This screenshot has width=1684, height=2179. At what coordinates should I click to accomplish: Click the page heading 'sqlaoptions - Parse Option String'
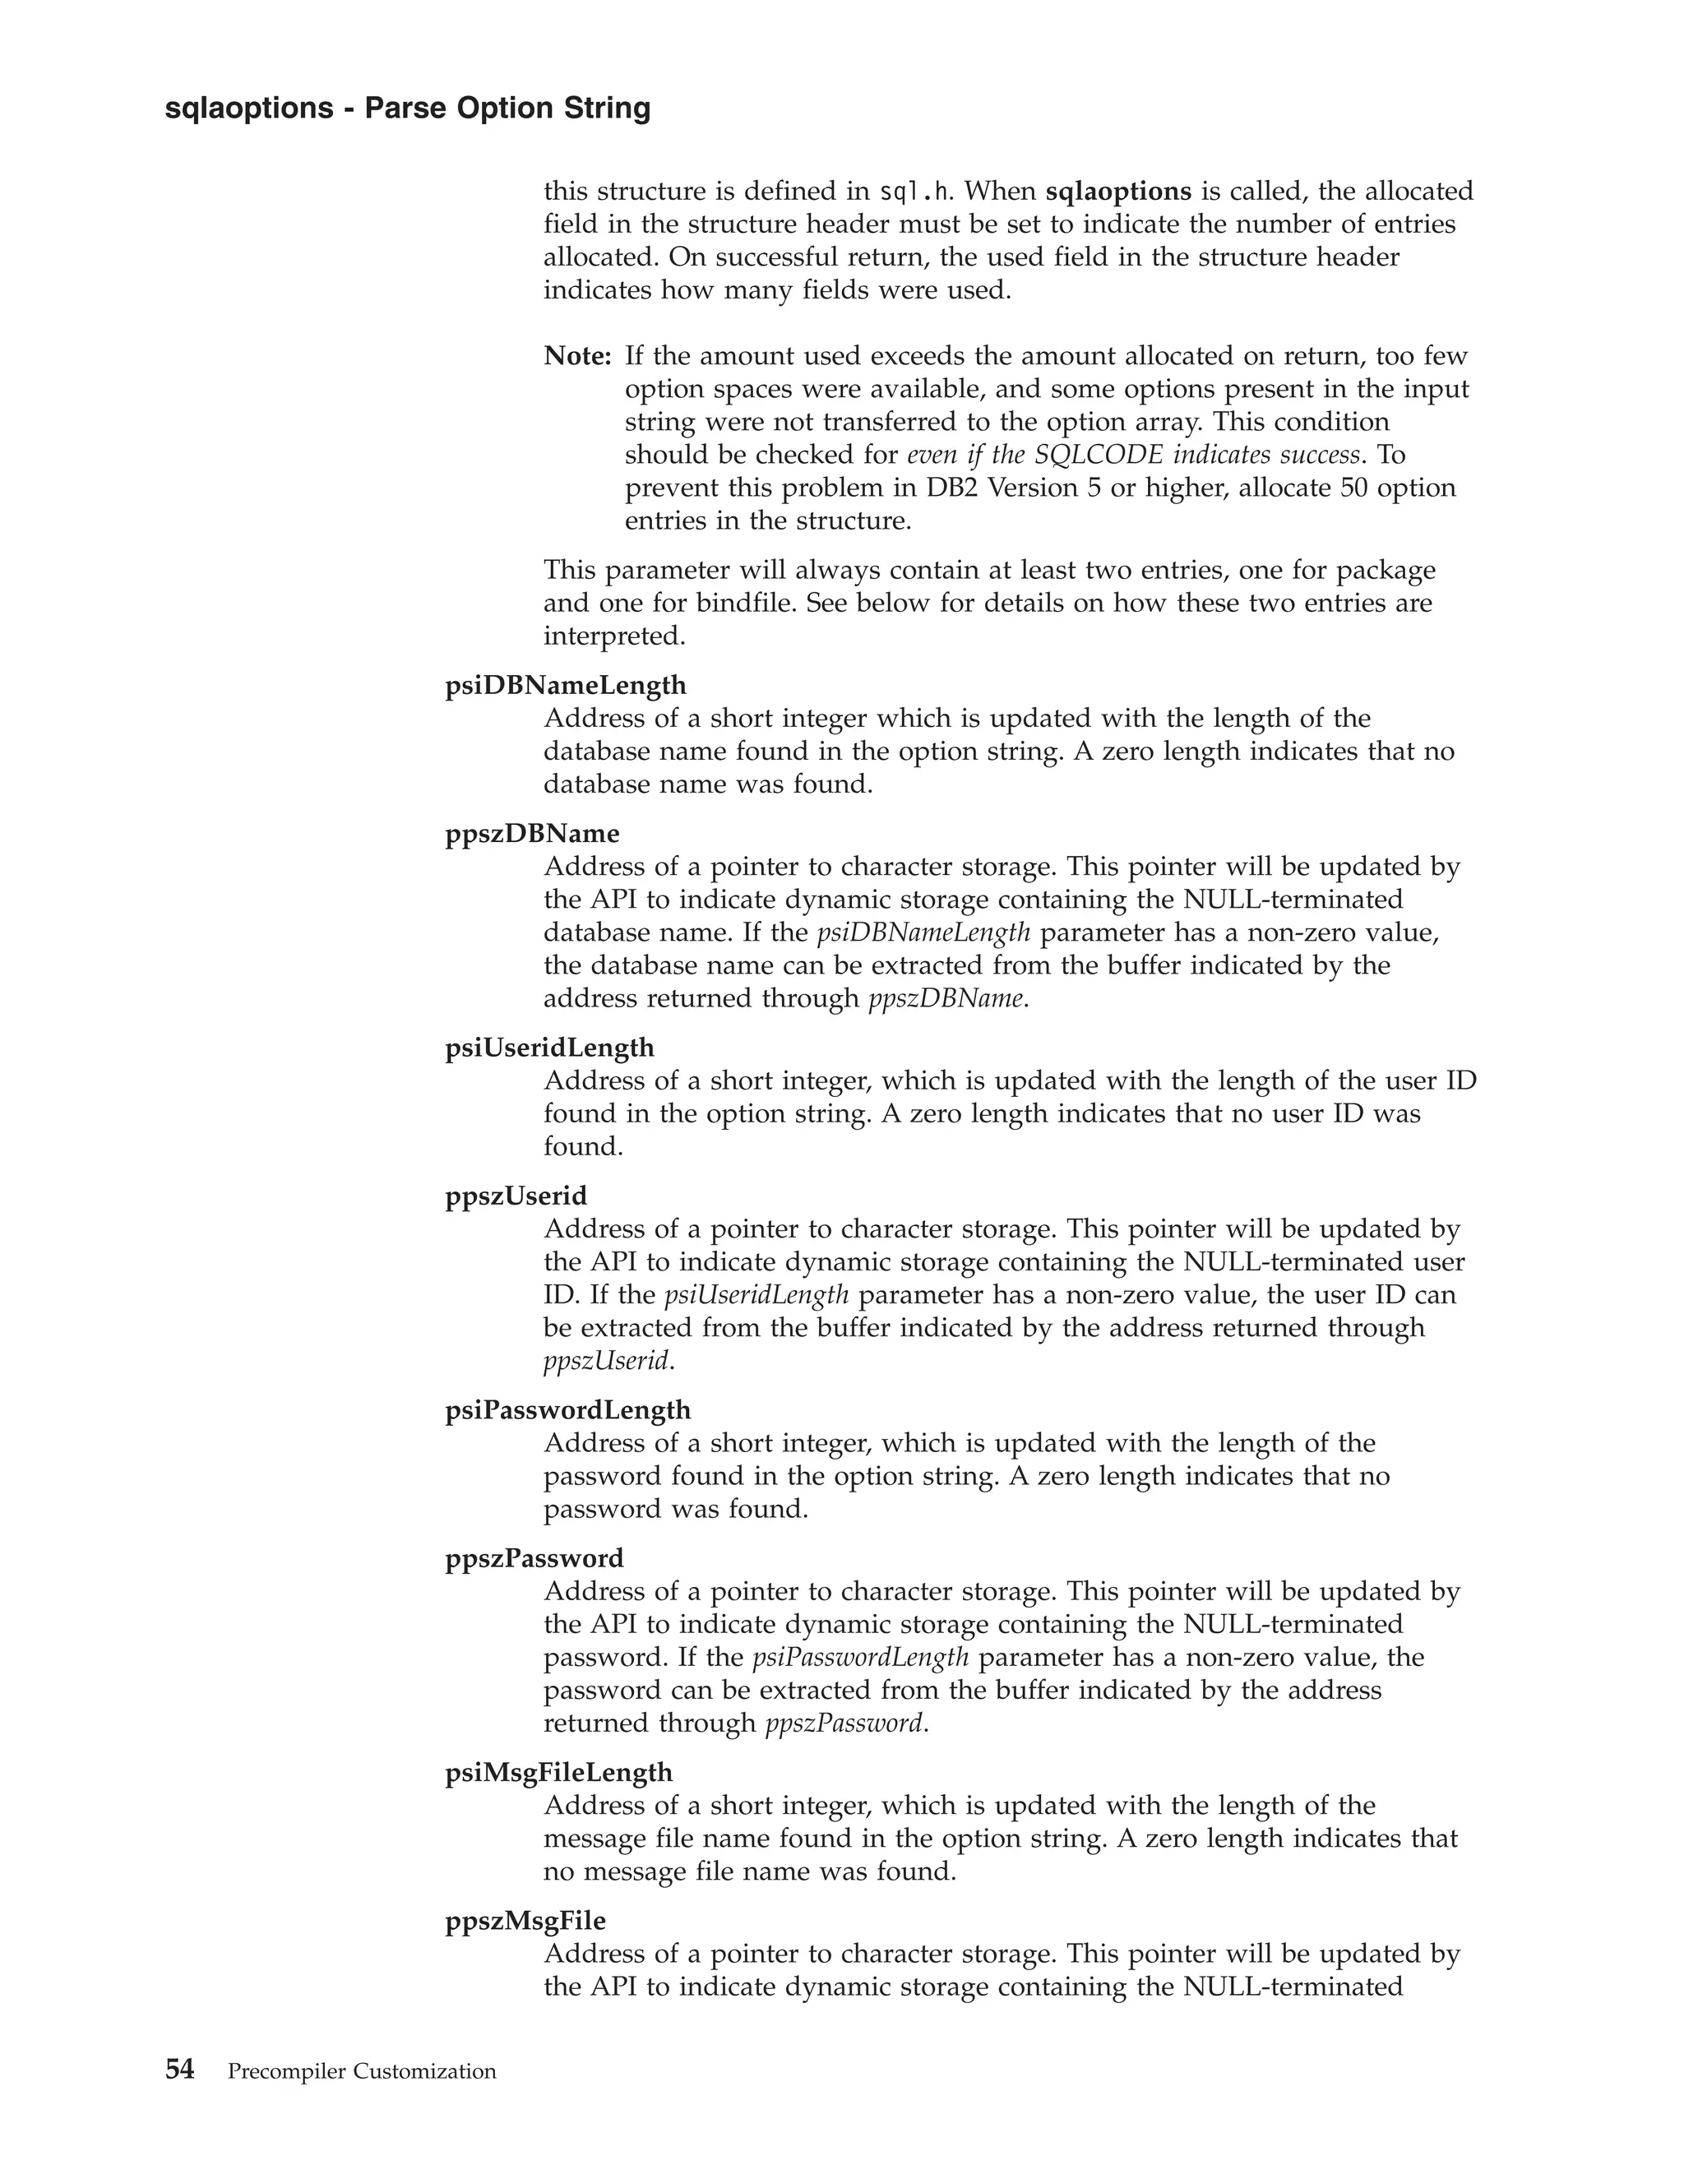coord(407,108)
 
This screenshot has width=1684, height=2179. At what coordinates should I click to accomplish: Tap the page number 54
coord(179,2070)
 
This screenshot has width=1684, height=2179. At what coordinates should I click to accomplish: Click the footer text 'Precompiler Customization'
coord(362,2072)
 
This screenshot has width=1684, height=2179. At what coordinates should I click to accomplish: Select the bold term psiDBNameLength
coord(566,686)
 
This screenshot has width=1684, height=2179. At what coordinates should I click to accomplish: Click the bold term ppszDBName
coord(532,833)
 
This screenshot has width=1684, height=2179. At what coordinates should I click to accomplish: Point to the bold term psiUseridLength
coord(550,1048)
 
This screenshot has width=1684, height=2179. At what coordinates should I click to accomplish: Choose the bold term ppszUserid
coord(516,1196)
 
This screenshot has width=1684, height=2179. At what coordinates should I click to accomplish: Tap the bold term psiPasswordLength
coord(567,1409)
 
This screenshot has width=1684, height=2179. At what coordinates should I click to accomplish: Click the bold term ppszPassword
coord(534,1558)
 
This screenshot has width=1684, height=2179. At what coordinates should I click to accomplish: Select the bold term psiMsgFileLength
coord(558,1773)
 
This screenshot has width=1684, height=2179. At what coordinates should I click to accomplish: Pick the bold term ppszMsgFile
coord(525,1921)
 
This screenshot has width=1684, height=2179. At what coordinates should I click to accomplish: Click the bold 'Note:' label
coord(576,356)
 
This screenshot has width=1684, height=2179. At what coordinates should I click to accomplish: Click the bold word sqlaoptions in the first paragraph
coord(1117,191)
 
